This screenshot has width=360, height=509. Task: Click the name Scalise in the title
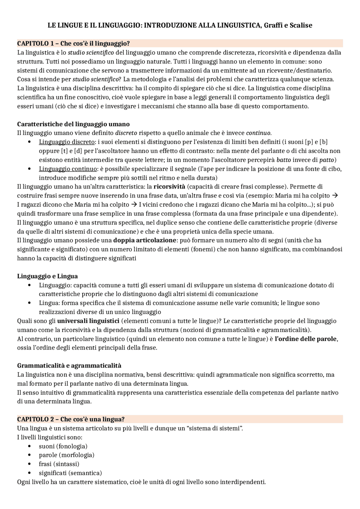point(301,26)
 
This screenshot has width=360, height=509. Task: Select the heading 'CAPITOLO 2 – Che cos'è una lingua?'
point(71,419)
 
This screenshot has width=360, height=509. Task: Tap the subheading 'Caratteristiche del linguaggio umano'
point(73,124)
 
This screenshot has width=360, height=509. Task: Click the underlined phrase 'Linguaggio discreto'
point(67,142)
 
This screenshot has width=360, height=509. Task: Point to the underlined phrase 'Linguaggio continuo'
point(68,169)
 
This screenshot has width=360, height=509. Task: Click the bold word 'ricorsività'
point(169,187)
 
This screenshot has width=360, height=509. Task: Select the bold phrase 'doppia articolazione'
point(145,240)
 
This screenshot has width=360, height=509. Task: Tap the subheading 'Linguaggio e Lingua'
point(47,276)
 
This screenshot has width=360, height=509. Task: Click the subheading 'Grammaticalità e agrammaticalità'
point(69,365)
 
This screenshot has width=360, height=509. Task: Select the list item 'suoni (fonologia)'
point(63,446)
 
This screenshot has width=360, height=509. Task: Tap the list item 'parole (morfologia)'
point(66,455)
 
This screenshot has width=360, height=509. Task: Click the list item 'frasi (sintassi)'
point(59,464)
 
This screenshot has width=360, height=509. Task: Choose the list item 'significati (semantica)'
point(70,473)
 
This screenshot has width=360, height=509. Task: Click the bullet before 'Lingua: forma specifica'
point(30,303)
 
